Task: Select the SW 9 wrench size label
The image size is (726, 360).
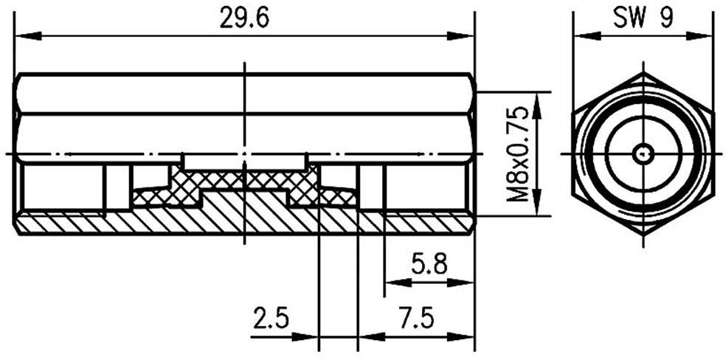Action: pos(643,18)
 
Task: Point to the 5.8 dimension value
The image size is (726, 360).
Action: pos(429,264)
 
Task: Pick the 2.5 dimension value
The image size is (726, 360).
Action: pos(272,319)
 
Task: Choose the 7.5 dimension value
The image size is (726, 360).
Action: pos(415,319)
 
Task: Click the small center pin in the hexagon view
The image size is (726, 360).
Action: pos(643,154)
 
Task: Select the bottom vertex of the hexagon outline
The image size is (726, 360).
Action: pos(643,235)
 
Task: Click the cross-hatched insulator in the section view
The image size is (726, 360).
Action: pos(243,181)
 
